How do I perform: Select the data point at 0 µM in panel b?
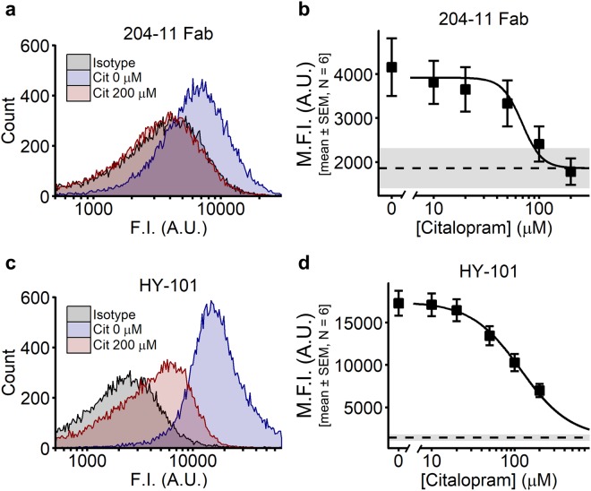[x=391, y=67]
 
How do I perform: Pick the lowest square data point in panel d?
[x=539, y=390]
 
